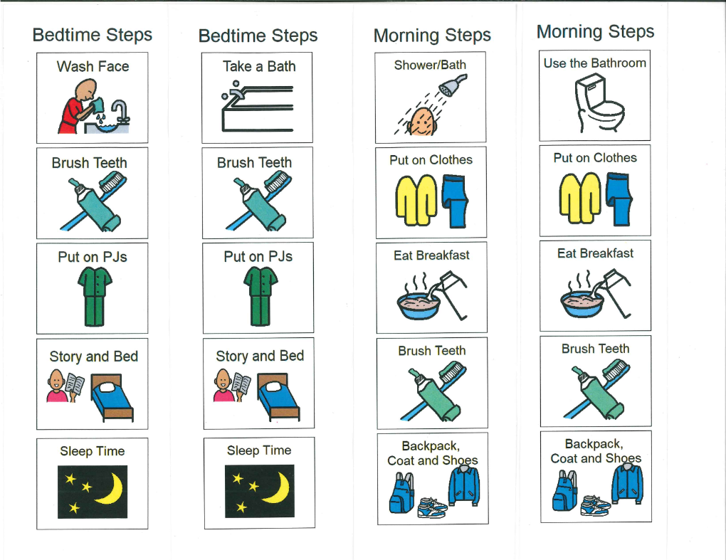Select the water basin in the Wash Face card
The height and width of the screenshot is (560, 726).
click(107, 127)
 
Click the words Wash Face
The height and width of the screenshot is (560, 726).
click(93, 67)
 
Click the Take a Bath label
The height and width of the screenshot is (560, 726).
click(259, 67)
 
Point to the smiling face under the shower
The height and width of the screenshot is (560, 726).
click(421, 122)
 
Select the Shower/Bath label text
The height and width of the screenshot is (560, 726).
click(430, 65)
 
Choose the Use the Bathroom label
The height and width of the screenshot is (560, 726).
click(594, 63)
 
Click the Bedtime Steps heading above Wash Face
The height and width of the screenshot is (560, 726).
click(92, 35)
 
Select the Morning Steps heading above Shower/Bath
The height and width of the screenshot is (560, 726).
click(432, 36)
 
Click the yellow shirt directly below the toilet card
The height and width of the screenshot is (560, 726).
click(579, 198)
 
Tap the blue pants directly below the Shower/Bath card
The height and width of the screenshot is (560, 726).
click(455, 201)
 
